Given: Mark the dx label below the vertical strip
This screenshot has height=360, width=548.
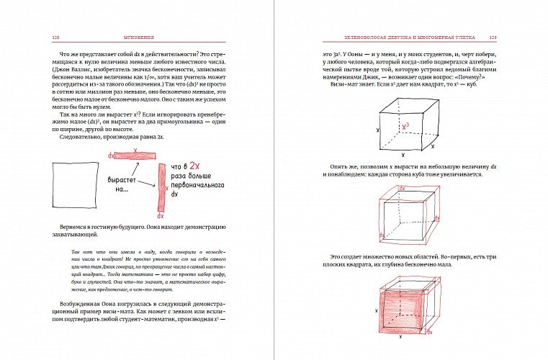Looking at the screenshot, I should [x=161, y=216].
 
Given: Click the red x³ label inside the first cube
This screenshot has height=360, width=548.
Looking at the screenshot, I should [x=406, y=126].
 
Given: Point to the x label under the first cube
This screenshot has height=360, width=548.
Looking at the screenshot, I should [x=403, y=155].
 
